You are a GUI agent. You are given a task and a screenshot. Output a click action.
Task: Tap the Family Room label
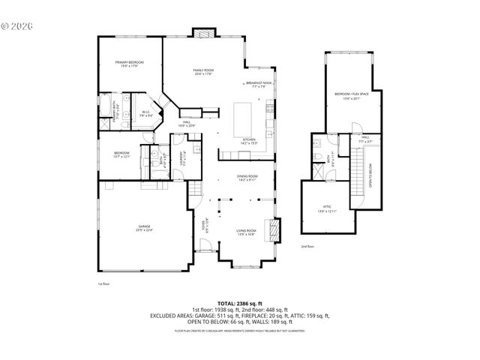tap(204, 71)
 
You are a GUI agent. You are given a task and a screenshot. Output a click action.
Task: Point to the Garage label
tap(144, 228)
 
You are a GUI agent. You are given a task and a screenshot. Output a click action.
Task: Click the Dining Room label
tap(247, 178)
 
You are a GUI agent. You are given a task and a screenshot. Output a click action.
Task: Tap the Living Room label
tap(246, 232)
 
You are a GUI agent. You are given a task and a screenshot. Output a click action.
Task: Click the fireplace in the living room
tap(277, 229)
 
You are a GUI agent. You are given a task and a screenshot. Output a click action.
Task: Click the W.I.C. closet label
tap(147, 114)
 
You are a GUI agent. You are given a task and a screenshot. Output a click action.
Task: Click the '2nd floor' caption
tap(307, 246)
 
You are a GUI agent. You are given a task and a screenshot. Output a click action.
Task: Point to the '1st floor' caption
tap(103, 284)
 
